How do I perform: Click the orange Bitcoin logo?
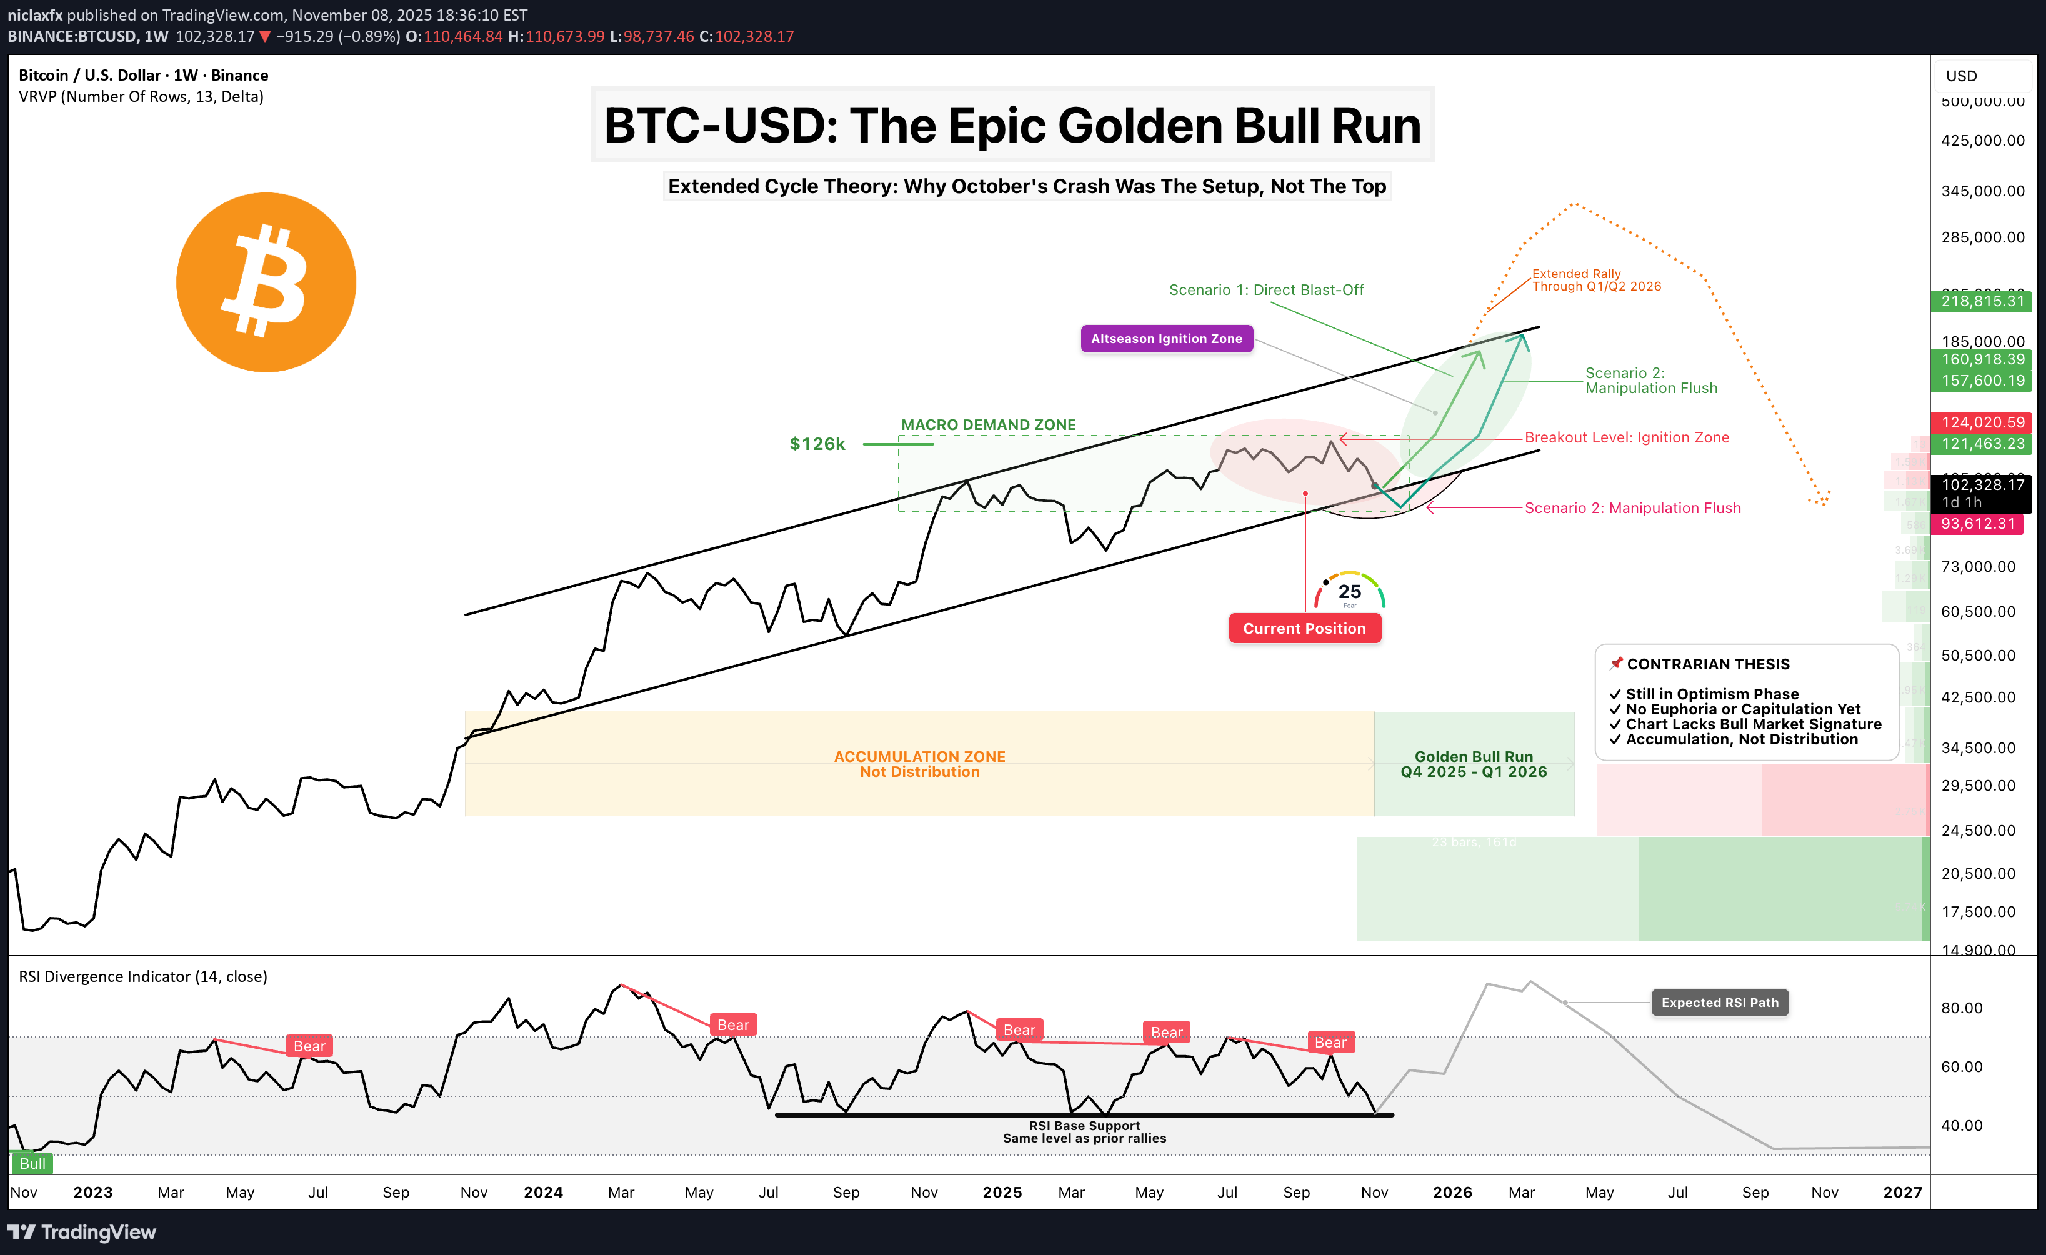266,282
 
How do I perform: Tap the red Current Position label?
1304,629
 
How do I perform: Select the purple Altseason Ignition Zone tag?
1166,339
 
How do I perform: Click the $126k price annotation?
817,444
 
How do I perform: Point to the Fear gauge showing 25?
1349,591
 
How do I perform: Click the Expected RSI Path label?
1720,1002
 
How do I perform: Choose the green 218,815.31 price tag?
1982,301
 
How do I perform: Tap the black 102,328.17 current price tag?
1982,485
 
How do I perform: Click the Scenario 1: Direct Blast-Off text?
1266,290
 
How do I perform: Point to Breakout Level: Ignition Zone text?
1627,437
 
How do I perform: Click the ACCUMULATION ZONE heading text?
919,757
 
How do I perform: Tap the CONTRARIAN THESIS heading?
1707,664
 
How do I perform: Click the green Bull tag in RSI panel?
32,1162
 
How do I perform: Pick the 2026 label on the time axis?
1452,1192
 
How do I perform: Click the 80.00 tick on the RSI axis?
1961,1007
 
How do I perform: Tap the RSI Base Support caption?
1084,1126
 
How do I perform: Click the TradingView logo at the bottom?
82,1232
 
